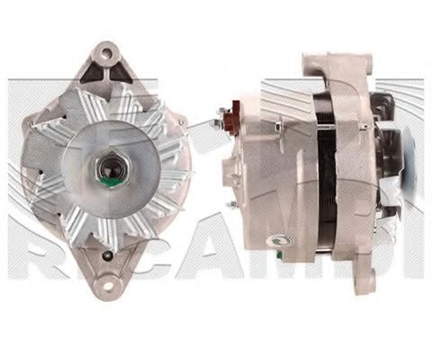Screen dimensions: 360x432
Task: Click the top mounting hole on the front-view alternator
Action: (x=107, y=54)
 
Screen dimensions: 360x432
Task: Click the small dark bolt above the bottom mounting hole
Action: (x=108, y=256)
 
